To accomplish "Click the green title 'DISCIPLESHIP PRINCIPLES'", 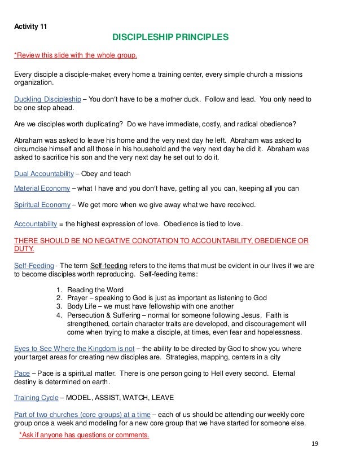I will [170, 38].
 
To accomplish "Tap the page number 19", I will [315, 443].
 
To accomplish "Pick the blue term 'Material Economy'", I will [42, 189].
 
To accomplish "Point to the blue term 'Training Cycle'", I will [36, 397].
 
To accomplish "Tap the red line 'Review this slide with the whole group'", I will [76, 56].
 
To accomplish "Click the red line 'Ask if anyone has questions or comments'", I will [84, 435].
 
